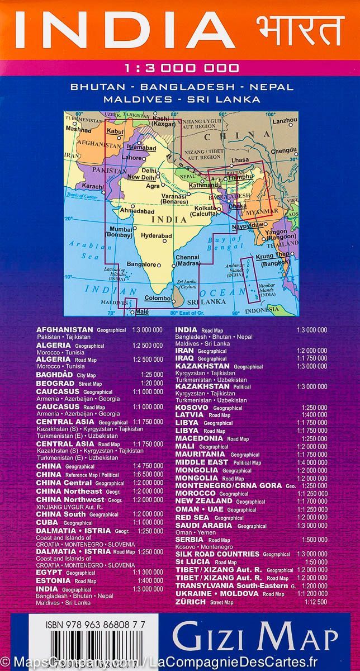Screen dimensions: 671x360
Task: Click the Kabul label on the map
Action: coord(115,131)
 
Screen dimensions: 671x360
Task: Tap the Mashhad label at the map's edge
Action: coord(78,129)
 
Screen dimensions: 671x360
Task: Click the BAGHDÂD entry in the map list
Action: coord(55,375)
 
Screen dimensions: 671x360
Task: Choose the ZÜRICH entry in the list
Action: coord(190,602)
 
